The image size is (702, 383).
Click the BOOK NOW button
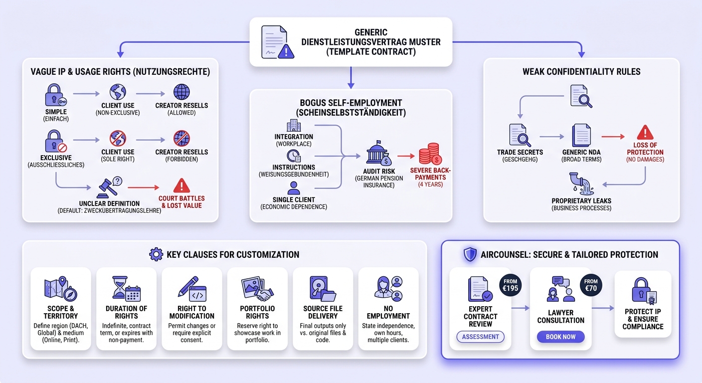point(561,337)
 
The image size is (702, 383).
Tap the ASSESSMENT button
point(481,337)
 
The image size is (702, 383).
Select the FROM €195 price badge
point(510,285)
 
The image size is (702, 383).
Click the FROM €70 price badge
point(591,285)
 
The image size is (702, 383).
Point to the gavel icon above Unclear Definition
point(109,188)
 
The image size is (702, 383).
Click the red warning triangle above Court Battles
point(181,186)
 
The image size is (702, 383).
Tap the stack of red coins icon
point(430,154)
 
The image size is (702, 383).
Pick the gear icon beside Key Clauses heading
point(156,254)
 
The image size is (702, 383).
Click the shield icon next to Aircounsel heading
point(470,254)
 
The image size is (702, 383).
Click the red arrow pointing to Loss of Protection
point(613,137)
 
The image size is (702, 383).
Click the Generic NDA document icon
point(581,136)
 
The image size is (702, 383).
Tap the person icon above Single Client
point(294,188)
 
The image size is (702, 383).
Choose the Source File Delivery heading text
point(323,312)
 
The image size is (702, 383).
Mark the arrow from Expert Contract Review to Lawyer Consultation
point(521,308)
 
